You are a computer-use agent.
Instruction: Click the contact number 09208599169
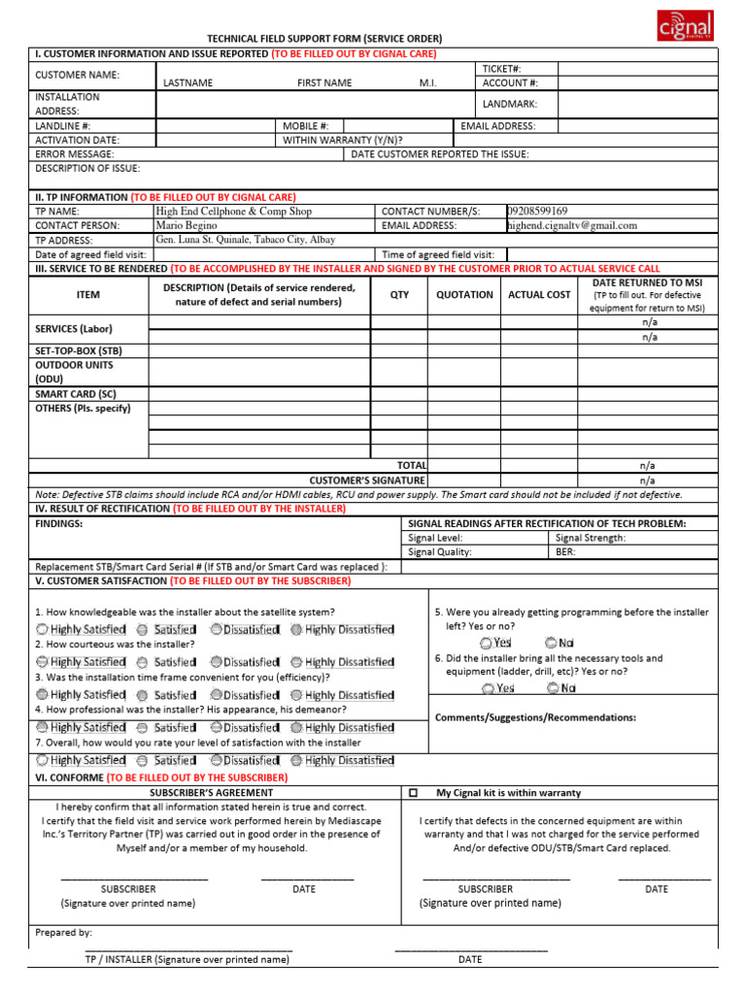click(537, 211)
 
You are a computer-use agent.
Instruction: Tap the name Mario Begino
click(186, 225)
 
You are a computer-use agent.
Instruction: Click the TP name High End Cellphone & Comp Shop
click(233, 211)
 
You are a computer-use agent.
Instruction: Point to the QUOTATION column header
click(464, 294)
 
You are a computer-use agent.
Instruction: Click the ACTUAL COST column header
click(539, 294)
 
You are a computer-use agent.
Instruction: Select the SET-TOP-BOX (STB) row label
click(79, 350)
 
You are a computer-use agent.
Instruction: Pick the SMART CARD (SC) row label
click(76, 394)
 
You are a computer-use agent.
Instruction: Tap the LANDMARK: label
click(509, 104)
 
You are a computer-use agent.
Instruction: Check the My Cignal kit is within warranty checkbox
click(413, 793)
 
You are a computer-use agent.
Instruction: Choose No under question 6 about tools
click(560, 688)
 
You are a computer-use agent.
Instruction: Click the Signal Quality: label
click(440, 551)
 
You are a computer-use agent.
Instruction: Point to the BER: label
click(565, 551)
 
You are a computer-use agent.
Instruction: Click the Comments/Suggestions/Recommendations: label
click(535, 717)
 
